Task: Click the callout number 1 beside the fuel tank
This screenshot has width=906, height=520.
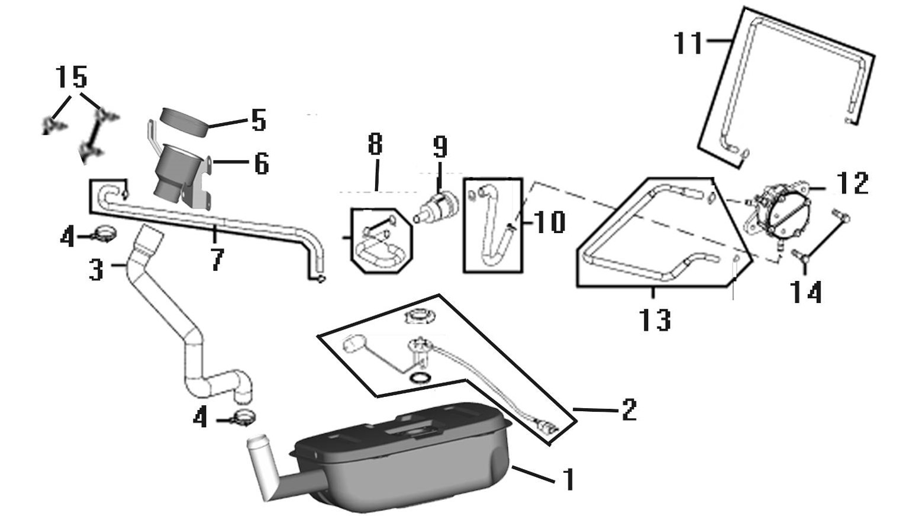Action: pos(569,480)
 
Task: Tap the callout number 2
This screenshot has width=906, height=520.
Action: pos(629,409)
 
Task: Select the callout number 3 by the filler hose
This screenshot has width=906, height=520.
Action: pos(96,269)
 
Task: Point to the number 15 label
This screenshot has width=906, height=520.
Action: pos(71,77)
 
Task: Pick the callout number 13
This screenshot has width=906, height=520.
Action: pos(655,319)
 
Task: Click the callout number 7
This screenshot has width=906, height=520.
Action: pos(217,260)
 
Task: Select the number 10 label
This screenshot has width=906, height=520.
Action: pos(549,222)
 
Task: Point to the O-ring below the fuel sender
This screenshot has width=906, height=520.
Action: pos(419,378)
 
